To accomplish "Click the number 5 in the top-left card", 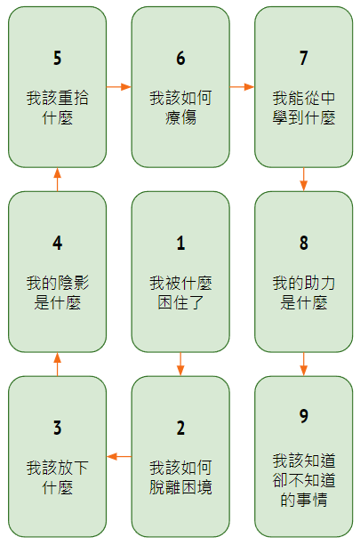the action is point(58,58).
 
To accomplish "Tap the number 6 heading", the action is point(180,58).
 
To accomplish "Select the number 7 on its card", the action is point(304,58).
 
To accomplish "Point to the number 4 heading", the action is point(58,243).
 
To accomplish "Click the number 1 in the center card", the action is point(180,243).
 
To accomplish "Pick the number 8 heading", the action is point(304,243).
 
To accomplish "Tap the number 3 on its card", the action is point(58,428).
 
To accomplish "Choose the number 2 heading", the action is point(180,428).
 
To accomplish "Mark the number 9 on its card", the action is point(304,416).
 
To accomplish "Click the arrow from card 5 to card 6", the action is point(119,86).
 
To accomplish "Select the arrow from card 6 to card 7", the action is point(242,86).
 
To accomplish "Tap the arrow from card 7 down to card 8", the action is point(304,180).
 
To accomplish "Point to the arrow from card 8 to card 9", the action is point(304,365).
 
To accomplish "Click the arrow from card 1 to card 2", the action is point(180,365).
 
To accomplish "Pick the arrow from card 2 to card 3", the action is point(119,456).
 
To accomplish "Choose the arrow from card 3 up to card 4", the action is point(58,365).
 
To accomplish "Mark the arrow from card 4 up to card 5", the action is point(58,180).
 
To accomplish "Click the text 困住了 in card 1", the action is point(180,302).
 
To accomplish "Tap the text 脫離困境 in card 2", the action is point(180,487).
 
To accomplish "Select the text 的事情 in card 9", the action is point(304,500).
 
